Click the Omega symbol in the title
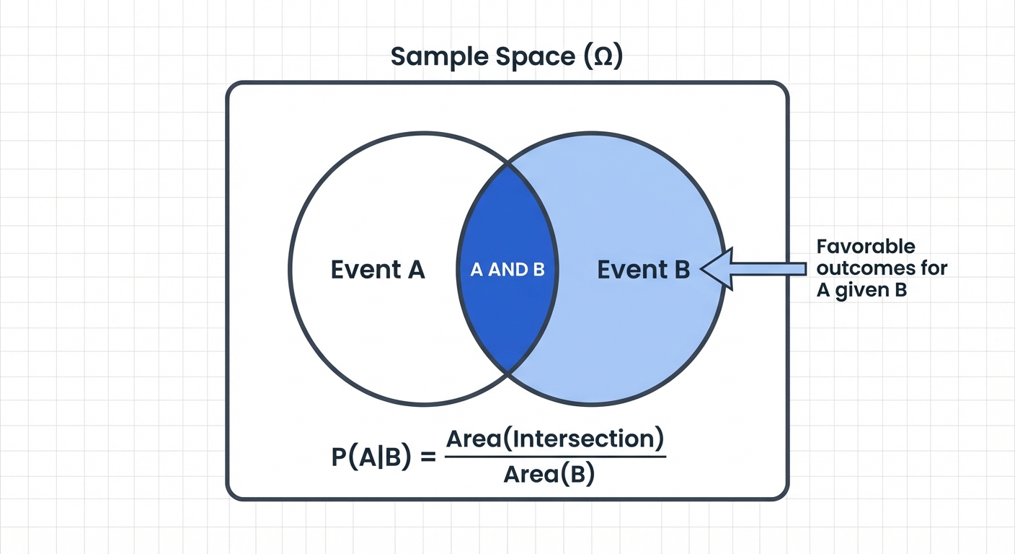tap(597, 56)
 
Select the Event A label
tap(378, 270)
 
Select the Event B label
tap(644, 270)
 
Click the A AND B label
tap(507, 270)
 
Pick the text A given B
tap(861, 291)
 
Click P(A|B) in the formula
tap(372, 459)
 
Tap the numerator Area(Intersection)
tap(555, 439)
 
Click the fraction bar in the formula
tap(555, 457)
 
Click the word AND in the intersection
tap(508, 270)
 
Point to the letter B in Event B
tap(681, 270)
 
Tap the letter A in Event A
tap(416, 270)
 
